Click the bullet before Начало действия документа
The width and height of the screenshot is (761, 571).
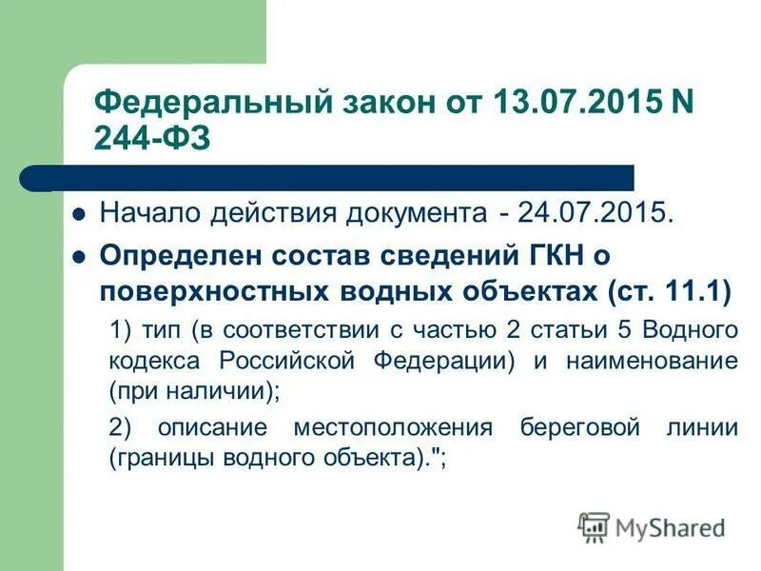(80, 212)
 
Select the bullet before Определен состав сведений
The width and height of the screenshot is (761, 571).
(80, 257)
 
